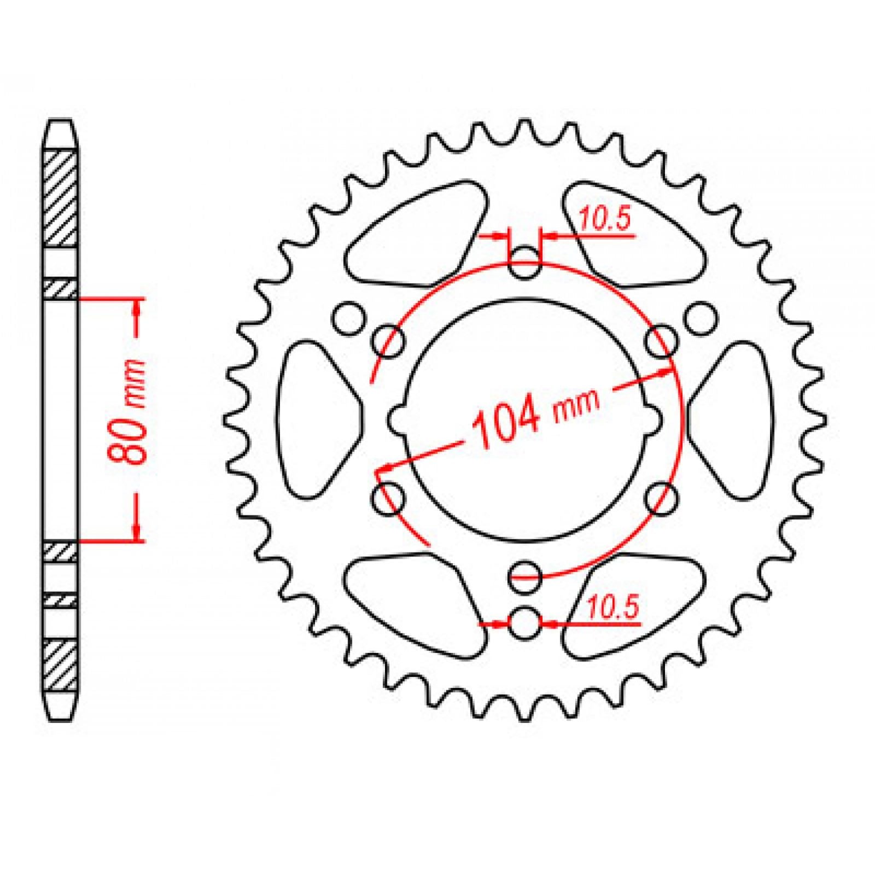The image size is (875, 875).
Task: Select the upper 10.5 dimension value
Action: (604, 219)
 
